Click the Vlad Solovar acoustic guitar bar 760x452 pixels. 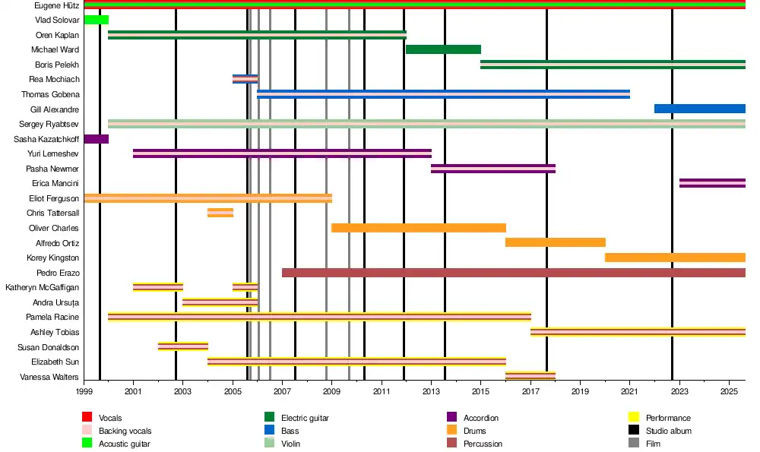pos(96,20)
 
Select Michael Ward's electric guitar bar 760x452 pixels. pos(443,49)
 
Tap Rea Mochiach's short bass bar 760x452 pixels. pos(245,79)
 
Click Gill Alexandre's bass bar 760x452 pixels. pos(699,109)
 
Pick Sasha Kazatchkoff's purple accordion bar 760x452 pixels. pos(96,139)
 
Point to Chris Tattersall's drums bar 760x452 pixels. pos(220,213)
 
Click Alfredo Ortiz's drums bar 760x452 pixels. pos(556,242)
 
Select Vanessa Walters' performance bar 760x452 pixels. pos(530,375)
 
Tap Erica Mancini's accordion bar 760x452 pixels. pos(712,183)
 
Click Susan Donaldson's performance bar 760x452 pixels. pos(183,346)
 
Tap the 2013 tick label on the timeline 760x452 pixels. pos(431,392)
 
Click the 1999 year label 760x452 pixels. pos(84,392)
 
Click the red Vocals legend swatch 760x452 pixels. pos(87,418)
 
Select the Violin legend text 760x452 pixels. pos(291,444)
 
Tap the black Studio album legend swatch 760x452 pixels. pos(634,431)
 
